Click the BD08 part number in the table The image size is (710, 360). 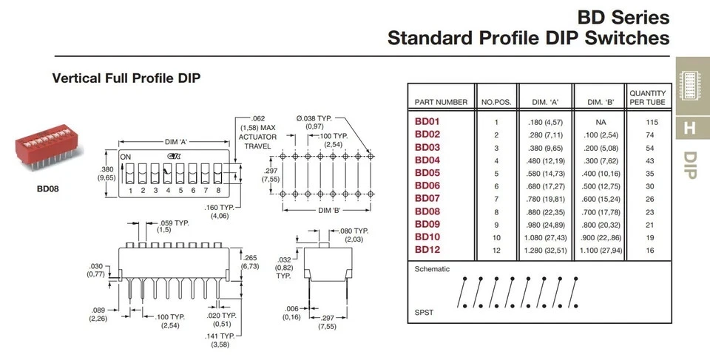point(427,211)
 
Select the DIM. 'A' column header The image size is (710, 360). point(545,102)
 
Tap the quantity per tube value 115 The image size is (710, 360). point(652,122)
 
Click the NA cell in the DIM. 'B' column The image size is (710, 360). point(602,122)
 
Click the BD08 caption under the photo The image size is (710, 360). point(47,189)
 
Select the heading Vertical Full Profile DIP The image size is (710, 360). point(126,78)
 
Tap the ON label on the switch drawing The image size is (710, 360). point(126,157)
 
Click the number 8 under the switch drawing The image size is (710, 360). point(219,191)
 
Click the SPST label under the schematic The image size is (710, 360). point(425,312)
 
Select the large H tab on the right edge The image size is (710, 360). point(689,127)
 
